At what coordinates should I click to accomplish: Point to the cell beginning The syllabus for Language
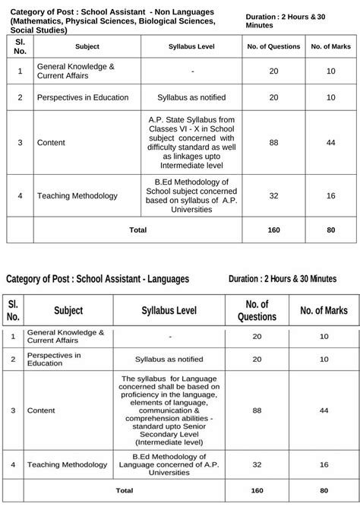(x=170, y=410)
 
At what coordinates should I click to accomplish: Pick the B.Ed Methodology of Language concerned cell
(x=170, y=464)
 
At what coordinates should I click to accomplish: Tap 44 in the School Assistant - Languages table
(x=324, y=410)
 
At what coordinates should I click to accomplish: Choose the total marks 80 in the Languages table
(x=324, y=490)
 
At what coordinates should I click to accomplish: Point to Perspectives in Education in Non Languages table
(x=83, y=97)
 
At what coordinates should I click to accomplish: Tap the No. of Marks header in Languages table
(x=324, y=310)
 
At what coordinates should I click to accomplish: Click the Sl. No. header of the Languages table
(x=13, y=310)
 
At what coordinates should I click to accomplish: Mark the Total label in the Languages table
(x=123, y=490)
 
